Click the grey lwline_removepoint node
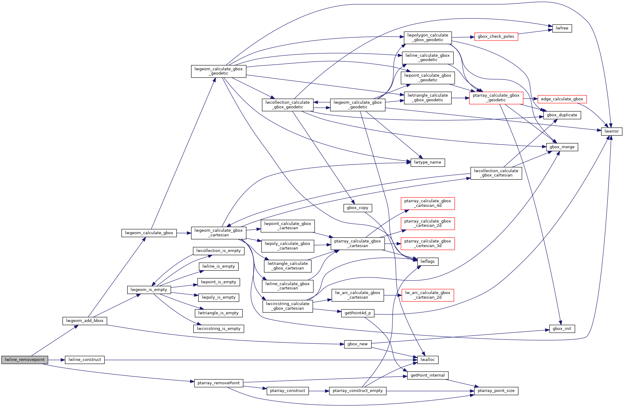click(25, 360)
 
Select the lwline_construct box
click(84, 360)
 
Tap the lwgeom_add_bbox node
click(84, 321)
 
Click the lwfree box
click(562, 28)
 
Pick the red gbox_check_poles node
click(496, 37)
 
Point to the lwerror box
click(611, 131)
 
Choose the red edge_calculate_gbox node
click(562, 99)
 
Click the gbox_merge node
click(562, 147)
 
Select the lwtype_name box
click(427, 162)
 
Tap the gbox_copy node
click(357, 208)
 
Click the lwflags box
click(427, 262)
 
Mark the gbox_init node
click(562, 329)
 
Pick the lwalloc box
click(427, 360)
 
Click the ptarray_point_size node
click(496, 391)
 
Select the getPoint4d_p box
click(357, 313)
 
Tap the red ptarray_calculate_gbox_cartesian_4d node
click(427, 203)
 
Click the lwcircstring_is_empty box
click(218, 329)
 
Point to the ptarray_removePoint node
click(218, 383)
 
